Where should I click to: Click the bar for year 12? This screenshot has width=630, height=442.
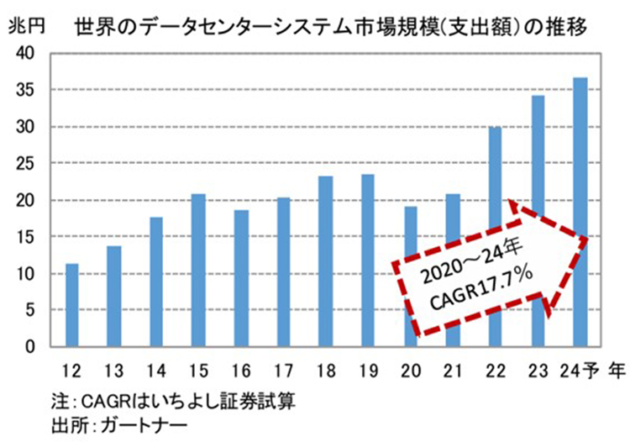click(72, 305)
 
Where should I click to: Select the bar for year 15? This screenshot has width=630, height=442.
click(198, 270)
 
